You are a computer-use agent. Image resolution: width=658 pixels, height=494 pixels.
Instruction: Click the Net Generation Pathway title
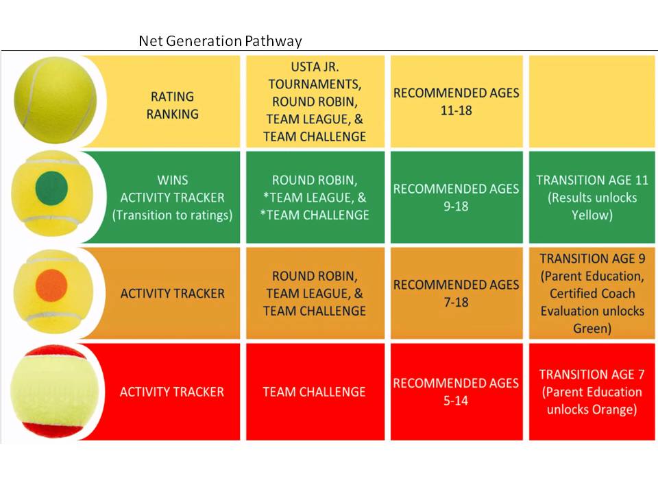click(220, 41)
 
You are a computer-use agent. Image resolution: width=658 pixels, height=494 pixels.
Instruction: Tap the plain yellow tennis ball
click(56, 100)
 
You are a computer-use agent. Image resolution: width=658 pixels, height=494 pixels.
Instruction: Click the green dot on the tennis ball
click(51, 187)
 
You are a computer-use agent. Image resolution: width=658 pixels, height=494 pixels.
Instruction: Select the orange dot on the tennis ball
click(51, 285)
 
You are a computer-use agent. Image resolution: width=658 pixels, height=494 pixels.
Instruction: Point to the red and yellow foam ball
click(55, 392)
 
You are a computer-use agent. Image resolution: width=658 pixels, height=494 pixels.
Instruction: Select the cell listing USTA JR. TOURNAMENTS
click(315, 102)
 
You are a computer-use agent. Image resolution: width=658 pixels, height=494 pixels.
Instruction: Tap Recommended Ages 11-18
click(456, 102)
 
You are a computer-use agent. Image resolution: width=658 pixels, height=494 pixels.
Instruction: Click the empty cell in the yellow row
click(592, 102)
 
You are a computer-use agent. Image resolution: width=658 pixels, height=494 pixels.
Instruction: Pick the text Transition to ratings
click(172, 215)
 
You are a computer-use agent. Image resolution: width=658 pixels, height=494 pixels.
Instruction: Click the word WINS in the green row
click(173, 180)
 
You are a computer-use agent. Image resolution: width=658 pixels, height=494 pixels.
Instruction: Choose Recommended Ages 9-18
click(456, 198)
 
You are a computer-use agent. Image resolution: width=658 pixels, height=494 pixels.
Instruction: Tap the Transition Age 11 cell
click(592, 198)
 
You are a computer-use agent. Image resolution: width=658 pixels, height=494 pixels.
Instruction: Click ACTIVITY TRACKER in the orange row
click(173, 293)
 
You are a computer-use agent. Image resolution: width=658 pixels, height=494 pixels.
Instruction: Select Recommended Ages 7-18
click(456, 293)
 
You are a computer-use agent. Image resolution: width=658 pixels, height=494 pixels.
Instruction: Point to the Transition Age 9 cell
click(592, 293)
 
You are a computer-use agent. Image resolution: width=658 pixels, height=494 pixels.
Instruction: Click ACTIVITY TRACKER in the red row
click(172, 392)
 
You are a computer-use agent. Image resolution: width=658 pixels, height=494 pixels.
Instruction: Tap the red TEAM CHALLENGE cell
click(315, 392)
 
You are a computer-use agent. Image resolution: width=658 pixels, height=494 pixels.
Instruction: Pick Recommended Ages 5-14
click(456, 392)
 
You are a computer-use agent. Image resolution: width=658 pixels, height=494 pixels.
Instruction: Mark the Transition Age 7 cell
click(592, 392)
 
